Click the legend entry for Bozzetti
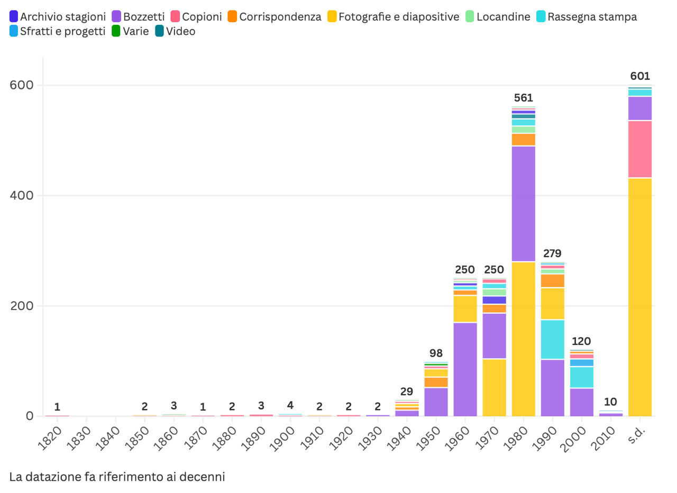coord(138,16)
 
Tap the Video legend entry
coord(175,31)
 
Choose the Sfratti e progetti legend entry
coord(58,31)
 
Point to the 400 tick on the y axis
coord(22,195)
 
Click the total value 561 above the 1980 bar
coord(524,98)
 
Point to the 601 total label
coord(640,76)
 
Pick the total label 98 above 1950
coord(436,353)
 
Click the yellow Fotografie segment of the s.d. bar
coord(640,296)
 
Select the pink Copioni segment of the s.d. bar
coord(640,149)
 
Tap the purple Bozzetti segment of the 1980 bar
coord(524,204)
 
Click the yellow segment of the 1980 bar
coord(524,339)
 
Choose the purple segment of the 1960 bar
coord(465,369)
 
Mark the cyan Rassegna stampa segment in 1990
coord(553,339)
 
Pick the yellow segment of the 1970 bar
coord(495,387)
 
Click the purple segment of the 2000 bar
coord(582,402)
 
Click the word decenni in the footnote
coord(205,477)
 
